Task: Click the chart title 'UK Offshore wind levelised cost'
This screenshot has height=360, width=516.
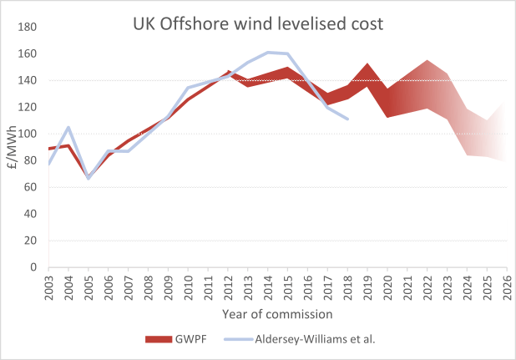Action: coord(258,23)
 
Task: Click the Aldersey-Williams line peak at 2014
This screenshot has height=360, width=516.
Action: coord(268,53)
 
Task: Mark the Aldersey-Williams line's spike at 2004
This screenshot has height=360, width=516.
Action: coord(68,127)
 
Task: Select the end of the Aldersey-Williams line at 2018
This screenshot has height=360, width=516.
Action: coord(347,119)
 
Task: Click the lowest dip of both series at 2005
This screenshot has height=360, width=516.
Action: coord(89,178)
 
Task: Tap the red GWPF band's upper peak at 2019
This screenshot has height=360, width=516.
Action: coord(367,64)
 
